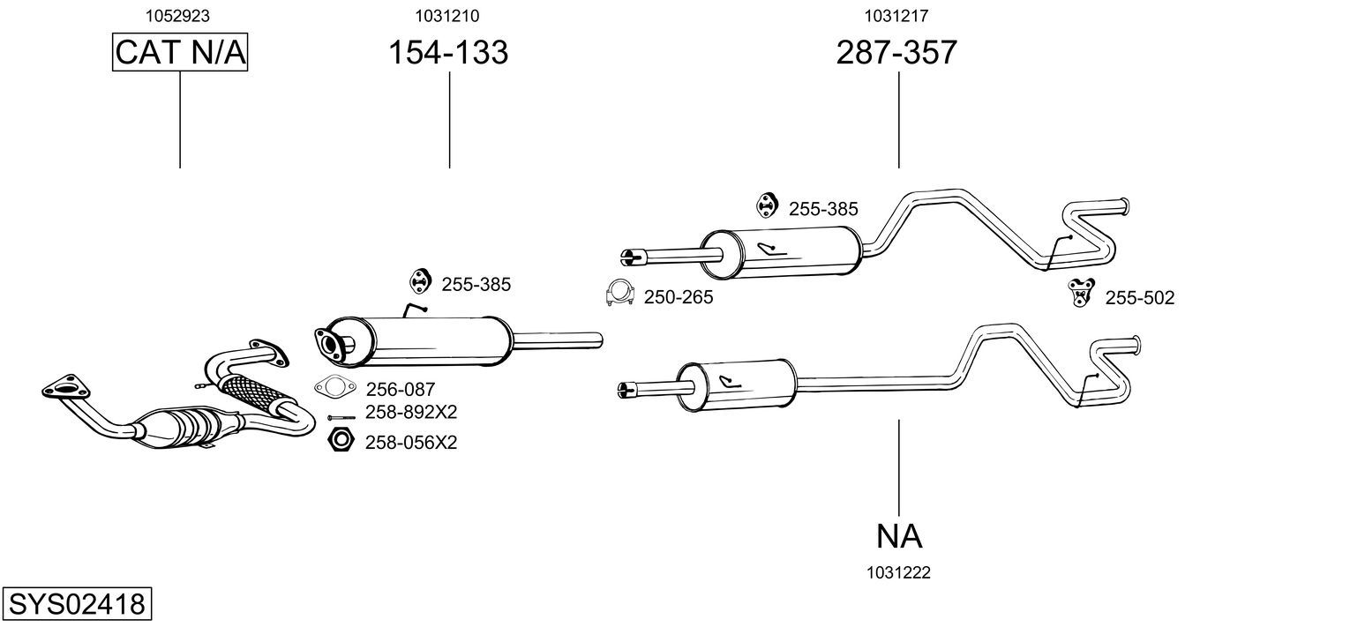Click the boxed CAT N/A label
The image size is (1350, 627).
coord(180,53)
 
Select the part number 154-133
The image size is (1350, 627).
coord(448,53)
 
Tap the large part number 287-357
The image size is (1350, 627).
coord(896,53)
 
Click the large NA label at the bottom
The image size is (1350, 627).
coord(899,535)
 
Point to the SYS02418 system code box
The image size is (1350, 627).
coord(77,605)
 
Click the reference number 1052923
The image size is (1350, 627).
coord(180,15)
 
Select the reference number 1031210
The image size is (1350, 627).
coord(448,15)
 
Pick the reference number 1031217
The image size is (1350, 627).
coord(896,15)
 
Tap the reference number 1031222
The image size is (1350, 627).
coord(898,572)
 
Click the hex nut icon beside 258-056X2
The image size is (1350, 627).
coord(341,439)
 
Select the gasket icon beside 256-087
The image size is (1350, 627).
coord(332,386)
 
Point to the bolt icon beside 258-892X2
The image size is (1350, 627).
coord(341,417)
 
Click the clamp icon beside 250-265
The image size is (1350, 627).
coord(621,294)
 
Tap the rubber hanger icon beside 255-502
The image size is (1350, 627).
coord(1080,291)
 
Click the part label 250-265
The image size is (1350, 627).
coord(678,298)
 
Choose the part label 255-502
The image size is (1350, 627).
coord(1140,299)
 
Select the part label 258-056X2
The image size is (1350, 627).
coord(411,442)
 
